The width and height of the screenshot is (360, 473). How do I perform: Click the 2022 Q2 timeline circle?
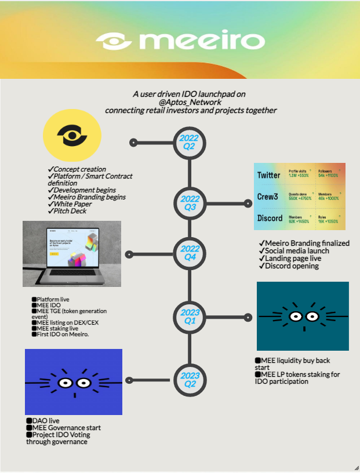click(190, 142)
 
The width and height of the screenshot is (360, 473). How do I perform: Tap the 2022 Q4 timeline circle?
click(190, 253)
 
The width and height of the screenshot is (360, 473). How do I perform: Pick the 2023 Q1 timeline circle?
click(190, 316)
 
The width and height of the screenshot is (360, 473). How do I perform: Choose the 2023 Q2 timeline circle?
click(190, 380)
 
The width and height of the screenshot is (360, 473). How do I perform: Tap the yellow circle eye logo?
click(72, 136)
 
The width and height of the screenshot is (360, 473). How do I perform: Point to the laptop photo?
click(72, 253)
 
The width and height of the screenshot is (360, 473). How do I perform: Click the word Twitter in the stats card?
click(268, 175)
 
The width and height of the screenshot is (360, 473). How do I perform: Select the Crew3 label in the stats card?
click(267, 197)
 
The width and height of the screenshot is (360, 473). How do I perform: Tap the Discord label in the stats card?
click(269, 218)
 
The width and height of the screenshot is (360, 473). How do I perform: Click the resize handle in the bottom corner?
click(356, 468)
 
